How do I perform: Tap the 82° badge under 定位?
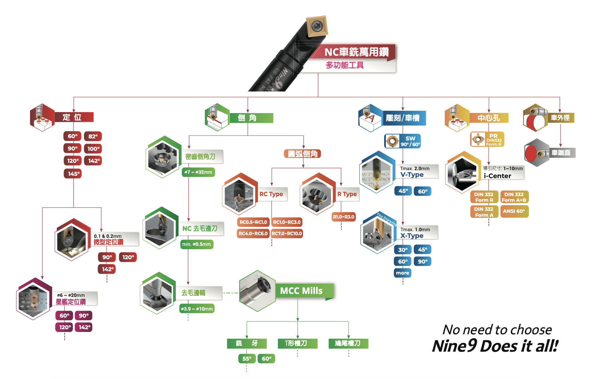[x=93, y=136]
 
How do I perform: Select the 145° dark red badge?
[x=73, y=174]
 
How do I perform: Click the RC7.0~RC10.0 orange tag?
[x=287, y=234]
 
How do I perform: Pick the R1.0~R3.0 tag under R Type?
[x=343, y=217]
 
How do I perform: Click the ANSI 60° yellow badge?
[x=514, y=211]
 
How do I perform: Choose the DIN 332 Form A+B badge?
[x=514, y=197]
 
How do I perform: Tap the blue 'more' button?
[x=402, y=273]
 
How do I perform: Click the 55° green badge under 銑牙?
[x=247, y=359]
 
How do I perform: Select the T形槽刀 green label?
[x=297, y=343]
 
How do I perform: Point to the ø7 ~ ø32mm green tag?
[x=198, y=172]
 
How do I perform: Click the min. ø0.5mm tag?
[x=197, y=244]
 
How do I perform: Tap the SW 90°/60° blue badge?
[x=403, y=141]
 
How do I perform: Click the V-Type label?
[x=412, y=174]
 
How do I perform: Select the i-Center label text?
[x=497, y=176]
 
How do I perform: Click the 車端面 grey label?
[x=561, y=153]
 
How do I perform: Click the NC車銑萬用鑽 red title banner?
[x=356, y=52]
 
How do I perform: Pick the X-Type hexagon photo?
[x=378, y=234]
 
